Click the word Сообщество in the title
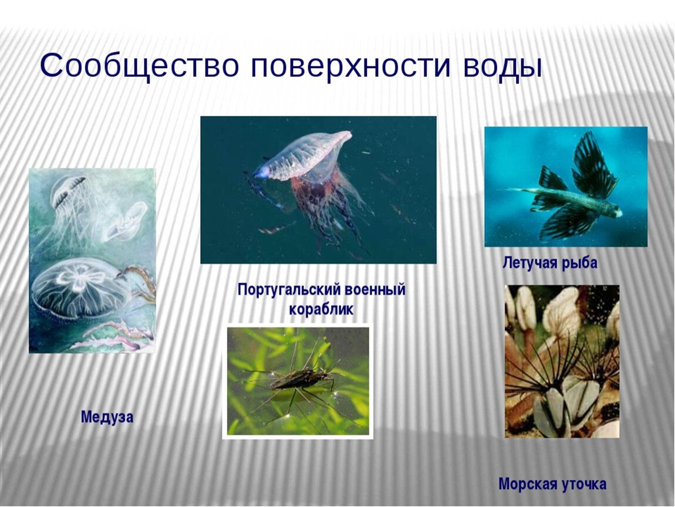(139, 66)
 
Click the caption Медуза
(107, 417)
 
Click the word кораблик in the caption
(321, 309)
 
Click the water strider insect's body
(301, 380)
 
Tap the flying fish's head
(613, 211)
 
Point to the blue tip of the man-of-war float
(260, 173)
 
